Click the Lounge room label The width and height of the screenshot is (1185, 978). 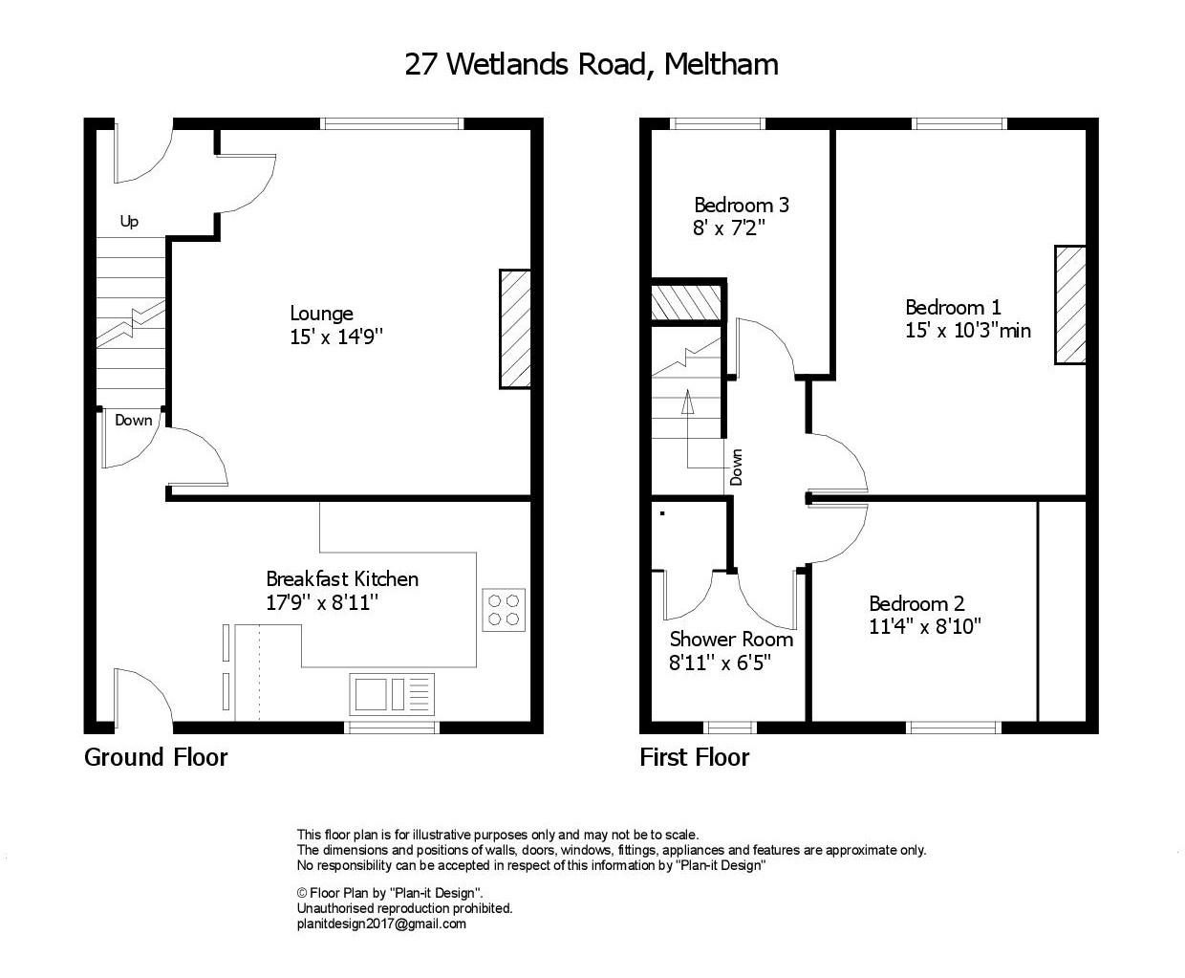point(321,314)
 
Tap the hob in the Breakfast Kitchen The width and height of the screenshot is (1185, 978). point(504,610)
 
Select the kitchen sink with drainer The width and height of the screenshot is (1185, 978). point(392,694)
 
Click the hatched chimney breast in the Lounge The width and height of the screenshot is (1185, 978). point(515,329)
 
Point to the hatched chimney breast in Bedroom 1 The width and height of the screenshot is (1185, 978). point(1070,304)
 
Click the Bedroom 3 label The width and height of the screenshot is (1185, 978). point(742,205)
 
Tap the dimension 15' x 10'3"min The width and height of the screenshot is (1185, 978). point(968,331)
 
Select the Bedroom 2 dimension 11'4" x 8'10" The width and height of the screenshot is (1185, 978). point(924,626)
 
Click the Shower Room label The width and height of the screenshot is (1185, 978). point(731,640)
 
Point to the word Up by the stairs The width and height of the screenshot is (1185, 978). point(129,222)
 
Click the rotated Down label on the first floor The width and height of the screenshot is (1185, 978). point(736,467)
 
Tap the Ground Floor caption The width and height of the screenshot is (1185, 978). point(156,757)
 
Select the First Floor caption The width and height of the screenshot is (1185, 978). point(694,757)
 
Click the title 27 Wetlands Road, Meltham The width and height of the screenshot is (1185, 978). point(592,64)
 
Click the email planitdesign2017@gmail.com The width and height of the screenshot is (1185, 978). point(381,924)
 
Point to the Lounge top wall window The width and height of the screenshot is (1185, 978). point(392,124)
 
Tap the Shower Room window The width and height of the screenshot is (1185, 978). point(730,728)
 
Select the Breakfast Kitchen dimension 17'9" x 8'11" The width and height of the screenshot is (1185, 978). point(322,602)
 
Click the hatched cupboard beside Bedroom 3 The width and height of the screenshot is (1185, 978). point(685,303)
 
